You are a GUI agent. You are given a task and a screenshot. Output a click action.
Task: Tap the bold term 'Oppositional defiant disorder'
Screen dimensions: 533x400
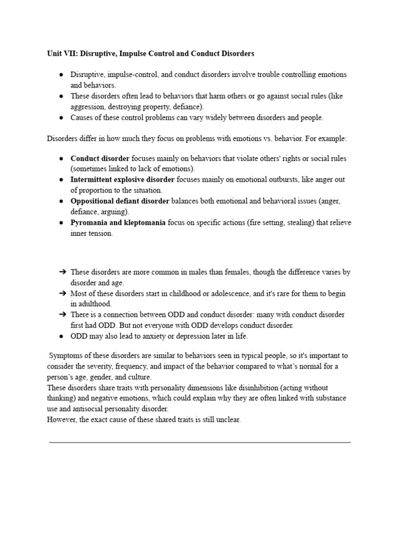[120, 201]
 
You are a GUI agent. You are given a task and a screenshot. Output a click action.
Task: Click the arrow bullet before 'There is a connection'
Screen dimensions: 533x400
[62, 315]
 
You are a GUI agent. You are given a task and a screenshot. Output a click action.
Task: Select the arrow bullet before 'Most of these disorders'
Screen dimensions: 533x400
[62, 294]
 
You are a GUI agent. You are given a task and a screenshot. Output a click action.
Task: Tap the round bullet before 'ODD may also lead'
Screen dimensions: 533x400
[61, 336]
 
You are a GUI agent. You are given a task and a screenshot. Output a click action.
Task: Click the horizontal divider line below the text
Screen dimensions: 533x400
[199, 442]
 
